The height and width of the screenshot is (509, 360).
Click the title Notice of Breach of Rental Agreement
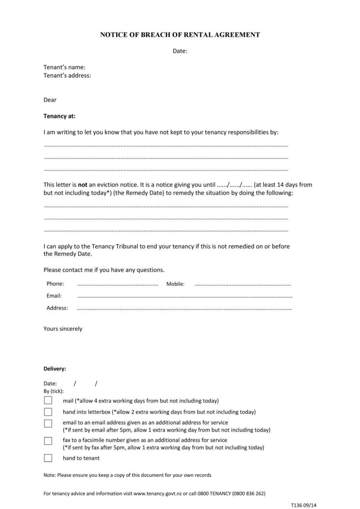pyautogui.click(x=180, y=35)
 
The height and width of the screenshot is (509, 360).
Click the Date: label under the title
pyautogui.click(x=180, y=51)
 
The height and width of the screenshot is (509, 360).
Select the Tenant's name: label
pyautogui.click(x=64, y=67)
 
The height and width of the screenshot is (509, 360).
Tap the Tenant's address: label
pyautogui.click(x=67, y=76)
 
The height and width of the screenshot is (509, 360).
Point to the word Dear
pyautogui.click(x=50, y=100)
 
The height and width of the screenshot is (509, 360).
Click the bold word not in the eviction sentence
pyautogui.click(x=82, y=185)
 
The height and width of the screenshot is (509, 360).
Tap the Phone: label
pyautogui.click(x=55, y=284)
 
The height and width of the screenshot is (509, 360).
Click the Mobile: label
pyautogui.click(x=175, y=284)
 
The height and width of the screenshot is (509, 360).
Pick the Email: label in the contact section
pyautogui.click(x=54, y=296)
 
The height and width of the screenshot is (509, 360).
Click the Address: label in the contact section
pyautogui.click(x=57, y=308)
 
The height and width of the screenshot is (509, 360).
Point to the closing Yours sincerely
pyautogui.click(x=63, y=329)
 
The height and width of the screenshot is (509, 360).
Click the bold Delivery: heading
pyautogui.click(x=55, y=369)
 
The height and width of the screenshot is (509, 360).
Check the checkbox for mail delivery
pyautogui.click(x=48, y=401)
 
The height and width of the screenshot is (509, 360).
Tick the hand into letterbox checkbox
pyautogui.click(x=48, y=412)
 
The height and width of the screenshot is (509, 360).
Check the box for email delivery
pyautogui.click(x=48, y=423)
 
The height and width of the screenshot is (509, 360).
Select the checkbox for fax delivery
pyautogui.click(x=48, y=441)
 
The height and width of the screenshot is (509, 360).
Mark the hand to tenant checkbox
pyautogui.click(x=48, y=458)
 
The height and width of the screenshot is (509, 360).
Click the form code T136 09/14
pyautogui.click(x=303, y=505)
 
